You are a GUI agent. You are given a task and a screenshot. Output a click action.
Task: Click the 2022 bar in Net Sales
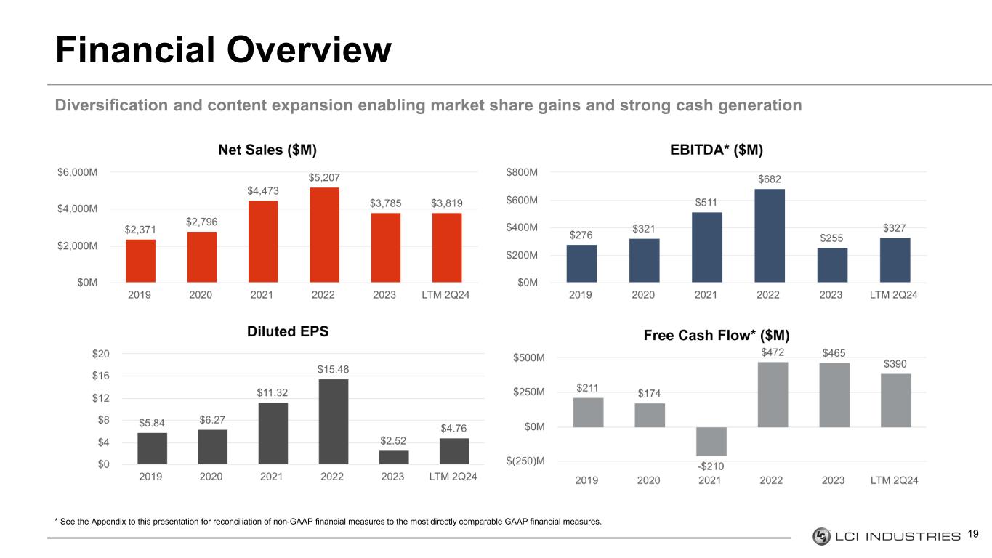(324, 235)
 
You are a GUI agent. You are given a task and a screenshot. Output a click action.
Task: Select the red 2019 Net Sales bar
(140, 261)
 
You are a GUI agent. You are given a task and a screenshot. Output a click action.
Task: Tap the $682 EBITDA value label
(769, 179)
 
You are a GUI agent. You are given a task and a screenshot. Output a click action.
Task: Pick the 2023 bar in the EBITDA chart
(832, 264)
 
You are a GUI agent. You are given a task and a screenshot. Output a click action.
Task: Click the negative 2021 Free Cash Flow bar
(711, 442)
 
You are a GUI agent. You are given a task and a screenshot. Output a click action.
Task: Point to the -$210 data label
(711, 466)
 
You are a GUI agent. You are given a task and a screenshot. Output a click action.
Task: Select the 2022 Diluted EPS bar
(334, 421)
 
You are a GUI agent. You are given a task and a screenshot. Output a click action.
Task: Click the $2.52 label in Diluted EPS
(393, 440)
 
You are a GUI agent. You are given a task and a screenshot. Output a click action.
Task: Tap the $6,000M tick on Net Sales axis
(78, 172)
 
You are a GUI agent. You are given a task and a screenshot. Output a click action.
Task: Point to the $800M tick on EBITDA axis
(522, 172)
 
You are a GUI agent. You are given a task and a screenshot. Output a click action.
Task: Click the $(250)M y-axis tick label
(525, 461)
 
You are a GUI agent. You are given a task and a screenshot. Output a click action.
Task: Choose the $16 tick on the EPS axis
(100, 376)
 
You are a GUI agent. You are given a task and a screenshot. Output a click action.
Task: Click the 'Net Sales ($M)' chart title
(267, 150)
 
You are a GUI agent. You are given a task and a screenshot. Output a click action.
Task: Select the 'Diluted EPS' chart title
(288, 331)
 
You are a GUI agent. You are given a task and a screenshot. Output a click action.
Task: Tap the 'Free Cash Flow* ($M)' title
(717, 335)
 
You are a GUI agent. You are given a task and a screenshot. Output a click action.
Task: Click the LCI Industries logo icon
(821, 536)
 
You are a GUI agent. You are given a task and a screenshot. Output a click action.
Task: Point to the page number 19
(973, 534)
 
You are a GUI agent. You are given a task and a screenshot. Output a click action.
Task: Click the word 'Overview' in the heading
(309, 49)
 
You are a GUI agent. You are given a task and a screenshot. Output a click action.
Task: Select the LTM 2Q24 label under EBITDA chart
(893, 295)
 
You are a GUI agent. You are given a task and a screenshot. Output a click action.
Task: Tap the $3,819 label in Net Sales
(447, 203)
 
